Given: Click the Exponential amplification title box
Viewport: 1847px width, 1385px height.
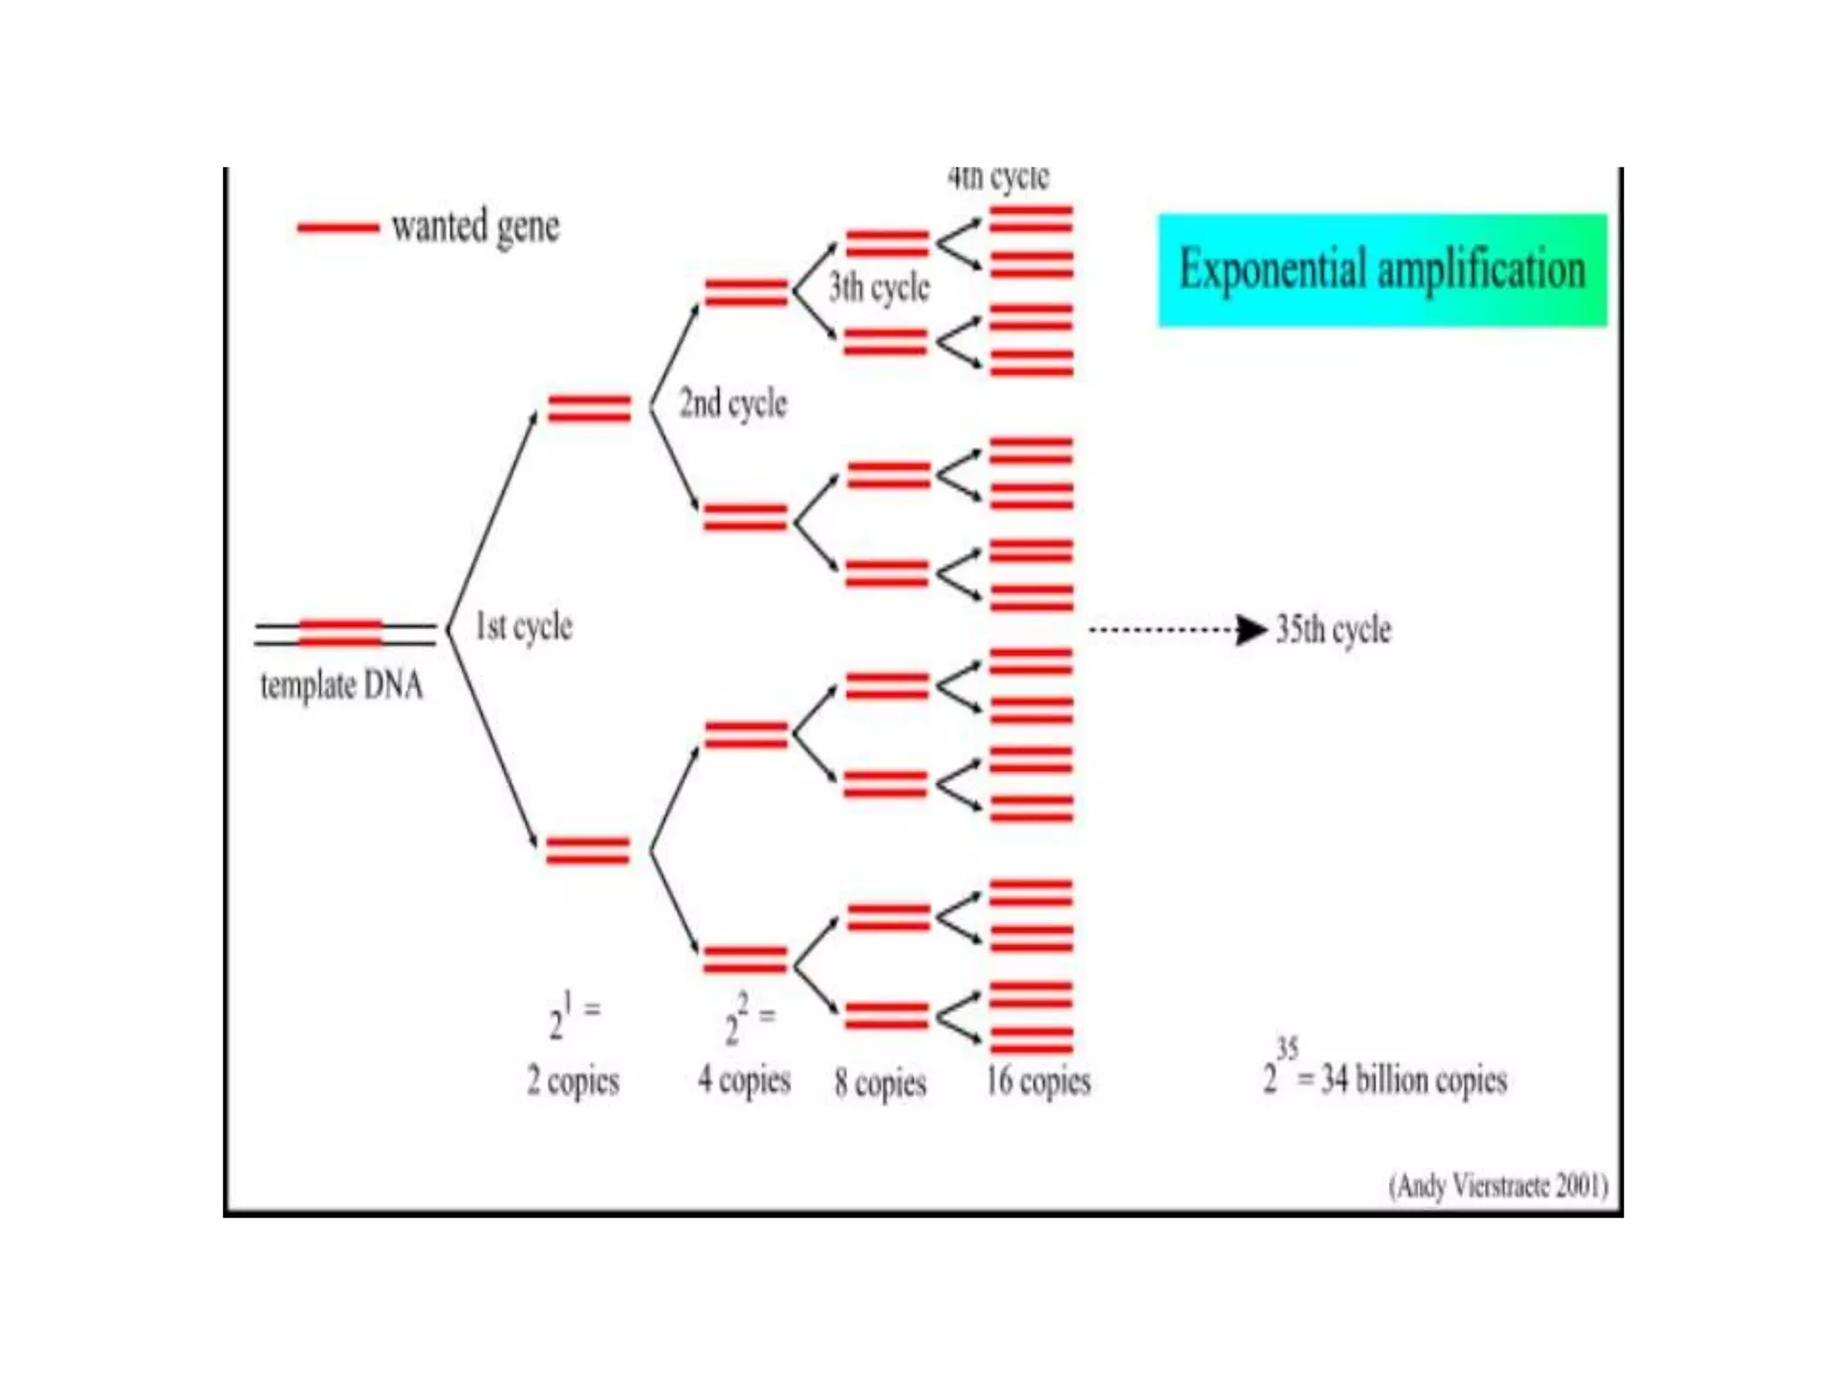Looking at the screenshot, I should [x=1382, y=270].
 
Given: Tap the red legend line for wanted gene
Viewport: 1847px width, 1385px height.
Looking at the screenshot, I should [x=337, y=227].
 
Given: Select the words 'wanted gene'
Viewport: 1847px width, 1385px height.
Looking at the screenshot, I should [x=475, y=226].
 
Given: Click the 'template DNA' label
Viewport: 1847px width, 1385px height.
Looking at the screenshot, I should [x=342, y=685].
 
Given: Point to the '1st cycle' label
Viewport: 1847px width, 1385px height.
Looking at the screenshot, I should [x=524, y=627].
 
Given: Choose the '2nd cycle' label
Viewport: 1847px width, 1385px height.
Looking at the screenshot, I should [x=732, y=404].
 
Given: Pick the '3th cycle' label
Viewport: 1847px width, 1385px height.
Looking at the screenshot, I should [x=879, y=288].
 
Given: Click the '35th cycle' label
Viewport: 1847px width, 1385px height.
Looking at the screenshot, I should [x=1333, y=629].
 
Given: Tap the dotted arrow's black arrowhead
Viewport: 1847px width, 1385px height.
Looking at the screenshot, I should [x=1251, y=629].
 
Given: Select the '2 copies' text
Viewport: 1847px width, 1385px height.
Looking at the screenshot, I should [x=573, y=1080].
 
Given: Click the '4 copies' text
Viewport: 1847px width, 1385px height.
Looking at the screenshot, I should [x=744, y=1079].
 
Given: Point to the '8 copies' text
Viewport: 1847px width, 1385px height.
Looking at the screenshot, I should [x=880, y=1082].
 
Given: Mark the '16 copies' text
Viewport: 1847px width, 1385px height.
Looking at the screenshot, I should [x=1038, y=1080].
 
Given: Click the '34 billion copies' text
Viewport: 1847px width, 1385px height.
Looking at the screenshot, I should [x=1413, y=1079].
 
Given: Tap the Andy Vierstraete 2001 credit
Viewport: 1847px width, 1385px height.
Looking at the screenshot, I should [x=1498, y=1185].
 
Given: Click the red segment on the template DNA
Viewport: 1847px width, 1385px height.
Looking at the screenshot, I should [x=340, y=632].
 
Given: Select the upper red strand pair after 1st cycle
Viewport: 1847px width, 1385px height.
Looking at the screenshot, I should [x=589, y=408].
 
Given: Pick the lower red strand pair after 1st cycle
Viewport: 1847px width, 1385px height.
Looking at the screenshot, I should [x=587, y=850].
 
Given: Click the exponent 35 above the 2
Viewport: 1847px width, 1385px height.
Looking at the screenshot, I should [x=1287, y=1049].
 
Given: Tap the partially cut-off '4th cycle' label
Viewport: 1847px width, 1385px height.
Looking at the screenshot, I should [x=998, y=178].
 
